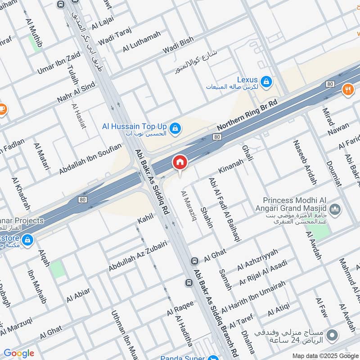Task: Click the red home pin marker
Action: coord(180,162)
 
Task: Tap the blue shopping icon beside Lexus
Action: coord(267,81)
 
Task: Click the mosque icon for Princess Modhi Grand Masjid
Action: coord(335,210)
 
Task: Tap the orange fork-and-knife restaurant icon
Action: coord(348,89)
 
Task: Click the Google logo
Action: coord(19,353)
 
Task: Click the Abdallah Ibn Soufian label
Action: coord(90,159)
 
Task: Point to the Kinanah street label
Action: coord(230,166)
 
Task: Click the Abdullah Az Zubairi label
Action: coord(138,256)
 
